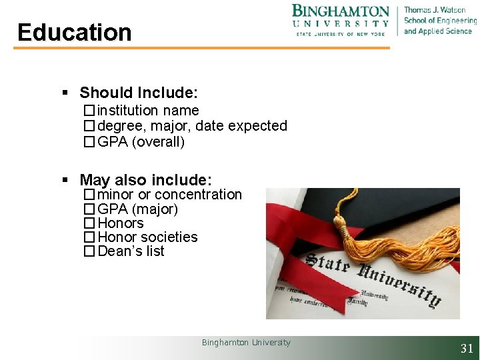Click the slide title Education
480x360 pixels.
[75, 32]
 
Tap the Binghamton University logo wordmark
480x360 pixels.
[341, 19]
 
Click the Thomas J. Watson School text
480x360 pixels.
[437, 20]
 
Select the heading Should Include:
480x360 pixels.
[139, 93]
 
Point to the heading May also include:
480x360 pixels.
[145, 180]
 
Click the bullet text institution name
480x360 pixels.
[148, 111]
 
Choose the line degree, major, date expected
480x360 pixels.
[192, 126]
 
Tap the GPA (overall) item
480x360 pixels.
[141, 141]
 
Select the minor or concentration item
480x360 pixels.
[169, 195]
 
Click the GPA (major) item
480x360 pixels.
[137, 209]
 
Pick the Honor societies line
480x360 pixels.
[147, 237]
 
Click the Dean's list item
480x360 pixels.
[131, 251]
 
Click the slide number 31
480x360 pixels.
[467, 348]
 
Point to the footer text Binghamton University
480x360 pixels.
[246, 343]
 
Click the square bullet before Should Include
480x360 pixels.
[65, 93]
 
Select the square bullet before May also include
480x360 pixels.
[65, 181]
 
